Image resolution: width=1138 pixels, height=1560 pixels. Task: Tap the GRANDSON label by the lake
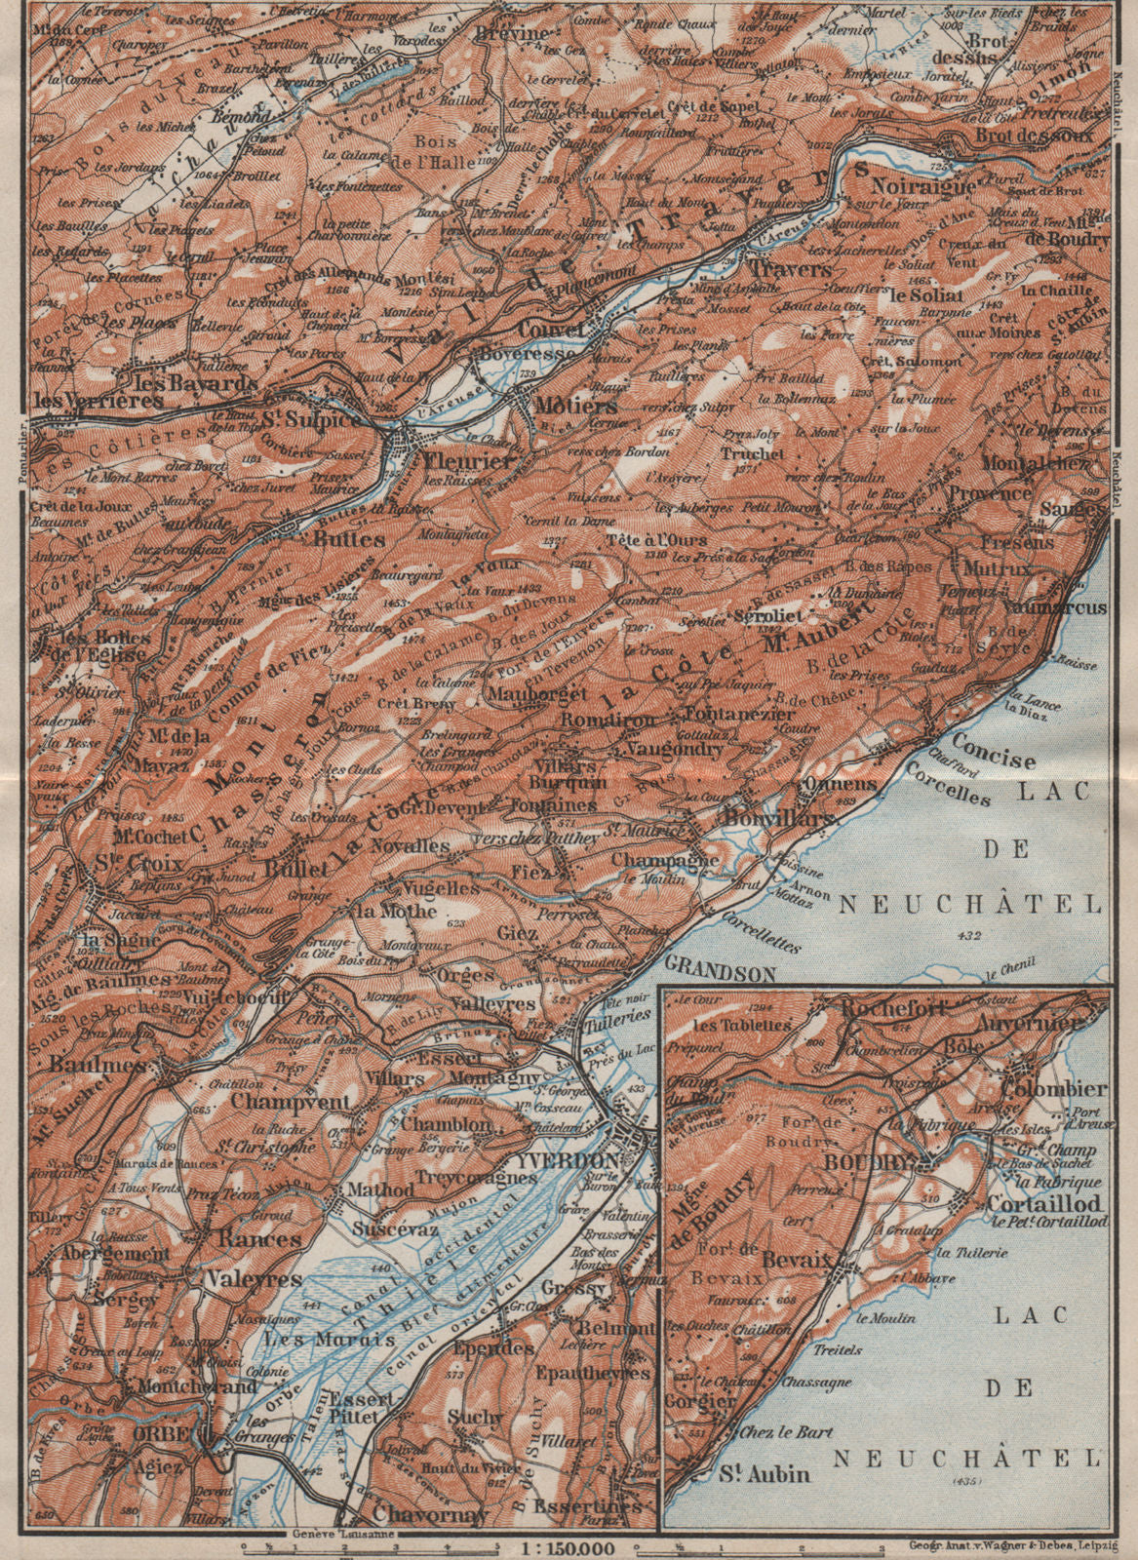tap(721, 973)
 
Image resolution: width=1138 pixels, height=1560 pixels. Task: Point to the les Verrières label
tap(83, 401)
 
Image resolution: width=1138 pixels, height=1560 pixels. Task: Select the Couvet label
tap(552, 329)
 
